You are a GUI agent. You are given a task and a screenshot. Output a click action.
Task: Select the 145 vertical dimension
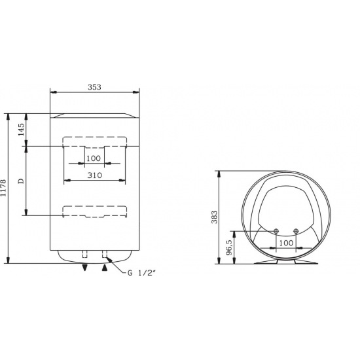[21, 129]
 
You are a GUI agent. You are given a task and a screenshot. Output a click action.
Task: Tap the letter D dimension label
[21, 180]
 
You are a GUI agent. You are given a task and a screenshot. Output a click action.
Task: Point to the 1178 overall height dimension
[5, 189]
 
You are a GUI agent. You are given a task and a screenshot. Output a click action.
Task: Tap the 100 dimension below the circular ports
[286, 243]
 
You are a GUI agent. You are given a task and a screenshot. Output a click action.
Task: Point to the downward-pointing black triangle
[84, 267]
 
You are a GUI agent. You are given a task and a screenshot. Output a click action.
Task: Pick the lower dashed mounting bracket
[94, 211]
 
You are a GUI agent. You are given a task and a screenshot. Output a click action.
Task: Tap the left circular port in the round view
[276, 231]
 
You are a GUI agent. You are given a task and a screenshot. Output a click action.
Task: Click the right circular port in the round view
[297, 231]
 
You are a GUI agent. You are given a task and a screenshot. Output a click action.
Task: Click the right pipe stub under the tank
[104, 254]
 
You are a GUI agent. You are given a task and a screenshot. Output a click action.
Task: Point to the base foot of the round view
[286, 262]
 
